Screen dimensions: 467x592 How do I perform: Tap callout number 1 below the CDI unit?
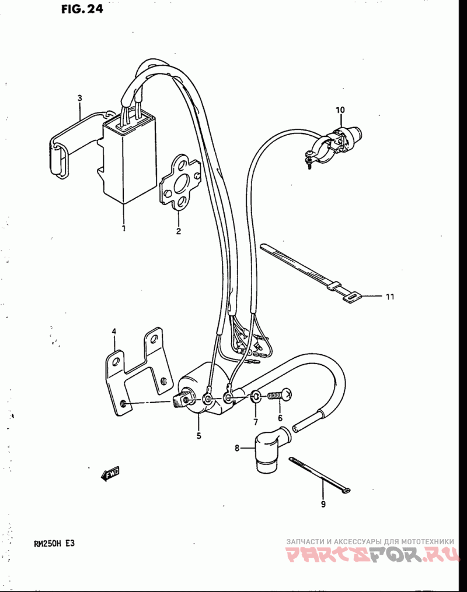pyautogui.click(x=124, y=228)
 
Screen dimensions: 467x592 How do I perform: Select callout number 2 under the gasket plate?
pyautogui.click(x=179, y=231)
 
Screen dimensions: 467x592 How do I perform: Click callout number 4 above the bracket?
pyautogui.click(x=114, y=332)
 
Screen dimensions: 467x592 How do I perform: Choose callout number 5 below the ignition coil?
pyautogui.click(x=198, y=435)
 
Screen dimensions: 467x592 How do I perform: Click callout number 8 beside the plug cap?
pyautogui.click(x=237, y=448)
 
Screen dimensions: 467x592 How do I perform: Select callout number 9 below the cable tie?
pyautogui.click(x=323, y=505)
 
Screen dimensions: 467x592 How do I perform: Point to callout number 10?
pyautogui.click(x=340, y=110)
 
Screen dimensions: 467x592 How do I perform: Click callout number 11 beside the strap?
pyautogui.click(x=389, y=297)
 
